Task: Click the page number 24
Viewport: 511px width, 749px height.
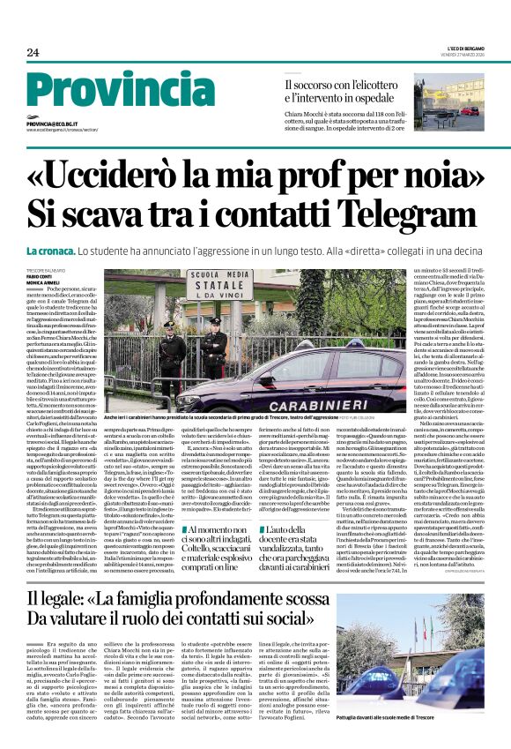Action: (33, 53)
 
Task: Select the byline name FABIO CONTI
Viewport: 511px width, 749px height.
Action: (38, 273)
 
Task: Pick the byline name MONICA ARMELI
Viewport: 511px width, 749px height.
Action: (43, 281)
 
